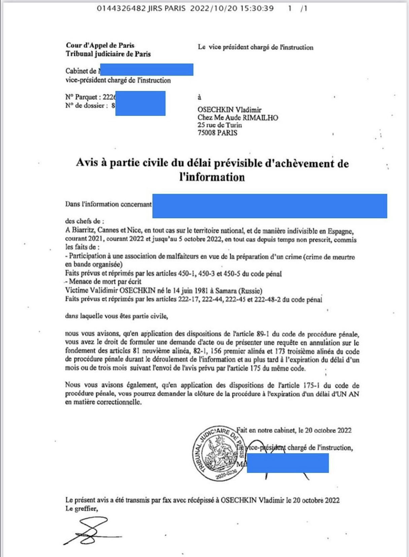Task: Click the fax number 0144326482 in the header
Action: [x=121, y=8]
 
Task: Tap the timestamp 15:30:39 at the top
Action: [x=257, y=8]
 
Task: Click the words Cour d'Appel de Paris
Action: [x=100, y=45]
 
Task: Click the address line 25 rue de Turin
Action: [x=219, y=125]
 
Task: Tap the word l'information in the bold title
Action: [x=212, y=177]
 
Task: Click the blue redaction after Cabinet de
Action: [x=147, y=69]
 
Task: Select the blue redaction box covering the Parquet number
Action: [x=140, y=103]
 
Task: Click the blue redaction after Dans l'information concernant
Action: [x=270, y=206]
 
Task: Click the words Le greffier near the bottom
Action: [x=81, y=508]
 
